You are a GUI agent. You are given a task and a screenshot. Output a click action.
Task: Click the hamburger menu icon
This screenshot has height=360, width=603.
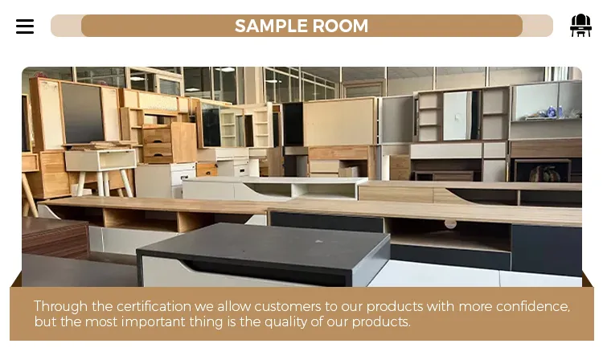click(x=25, y=27)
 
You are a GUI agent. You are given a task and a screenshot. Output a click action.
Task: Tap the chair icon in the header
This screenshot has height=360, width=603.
click(x=580, y=26)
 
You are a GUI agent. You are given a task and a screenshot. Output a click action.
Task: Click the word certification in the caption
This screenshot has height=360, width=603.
click(x=157, y=306)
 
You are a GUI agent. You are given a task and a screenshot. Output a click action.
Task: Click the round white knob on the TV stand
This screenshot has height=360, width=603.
click(x=450, y=223)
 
